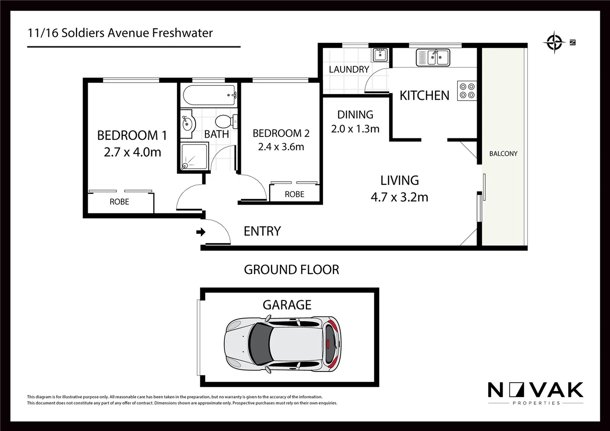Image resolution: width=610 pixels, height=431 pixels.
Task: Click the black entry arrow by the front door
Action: pyautogui.click(x=201, y=232)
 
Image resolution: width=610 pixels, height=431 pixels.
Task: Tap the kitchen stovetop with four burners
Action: pyautogui.click(x=467, y=91)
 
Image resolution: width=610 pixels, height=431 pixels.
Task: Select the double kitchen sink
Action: pyautogui.click(x=433, y=57)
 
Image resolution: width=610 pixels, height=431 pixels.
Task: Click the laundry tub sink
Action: pyautogui.click(x=380, y=55)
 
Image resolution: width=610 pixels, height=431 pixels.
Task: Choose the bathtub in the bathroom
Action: pyautogui.click(x=209, y=95)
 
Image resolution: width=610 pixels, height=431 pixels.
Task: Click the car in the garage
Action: pyautogui.click(x=283, y=344)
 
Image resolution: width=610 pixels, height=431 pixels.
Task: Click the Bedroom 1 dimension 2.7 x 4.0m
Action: pyautogui.click(x=133, y=152)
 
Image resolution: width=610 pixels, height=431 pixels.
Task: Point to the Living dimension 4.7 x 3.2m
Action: pyautogui.click(x=399, y=197)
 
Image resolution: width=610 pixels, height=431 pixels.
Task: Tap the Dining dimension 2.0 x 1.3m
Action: pyautogui.click(x=355, y=129)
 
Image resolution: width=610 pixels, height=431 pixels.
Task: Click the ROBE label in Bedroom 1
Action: pyautogui.click(x=119, y=202)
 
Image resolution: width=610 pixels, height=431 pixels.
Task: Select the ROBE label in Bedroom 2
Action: pyautogui.click(x=294, y=194)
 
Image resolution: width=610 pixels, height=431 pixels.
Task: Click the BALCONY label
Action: pyautogui.click(x=503, y=154)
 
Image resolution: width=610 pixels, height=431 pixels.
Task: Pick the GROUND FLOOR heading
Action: pyautogui.click(x=291, y=270)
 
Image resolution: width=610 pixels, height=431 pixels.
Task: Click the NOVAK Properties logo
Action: pyautogui.click(x=535, y=393)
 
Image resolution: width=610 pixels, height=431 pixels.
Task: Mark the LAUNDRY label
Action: pyautogui.click(x=349, y=69)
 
